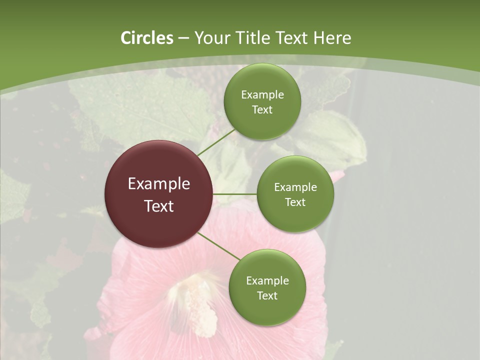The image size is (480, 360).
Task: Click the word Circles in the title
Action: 146,38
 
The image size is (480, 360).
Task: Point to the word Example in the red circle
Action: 159,184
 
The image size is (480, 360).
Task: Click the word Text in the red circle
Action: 159,206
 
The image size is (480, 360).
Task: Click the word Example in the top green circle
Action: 262,94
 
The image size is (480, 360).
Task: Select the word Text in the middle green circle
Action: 295,202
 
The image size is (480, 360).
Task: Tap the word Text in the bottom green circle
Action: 267,295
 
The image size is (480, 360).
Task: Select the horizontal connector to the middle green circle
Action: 235,194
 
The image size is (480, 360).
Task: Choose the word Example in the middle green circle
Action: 295,187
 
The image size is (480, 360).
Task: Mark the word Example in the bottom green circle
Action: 267,280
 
